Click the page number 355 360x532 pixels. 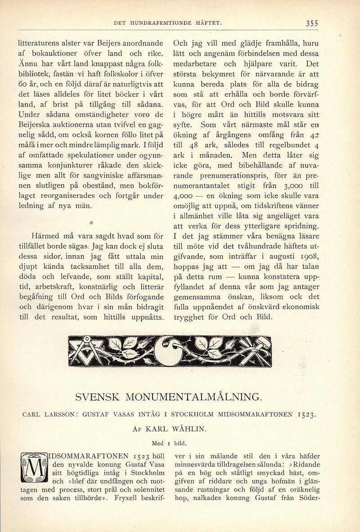click(311, 23)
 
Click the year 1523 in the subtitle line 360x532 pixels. click(307, 414)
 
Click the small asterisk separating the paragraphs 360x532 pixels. click(91, 222)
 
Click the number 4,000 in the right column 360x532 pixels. click(183, 196)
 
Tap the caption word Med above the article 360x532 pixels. click(158, 443)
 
